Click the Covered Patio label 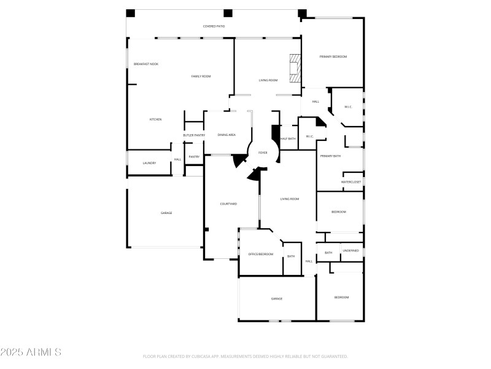tap(214, 26)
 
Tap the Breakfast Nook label tap(146, 64)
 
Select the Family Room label tap(201, 76)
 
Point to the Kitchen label tap(155, 119)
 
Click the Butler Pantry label tap(194, 135)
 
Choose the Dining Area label tap(226, 135)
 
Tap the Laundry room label tap(149, 163)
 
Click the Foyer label tap(263, 153)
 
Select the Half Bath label tap(288, 139)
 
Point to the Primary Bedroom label tap(333, 57)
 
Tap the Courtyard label tap(228, 204)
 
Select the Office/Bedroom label tap(261, 254)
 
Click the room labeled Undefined tap(351, 251)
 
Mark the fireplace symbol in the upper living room tap(296, 68)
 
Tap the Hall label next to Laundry tap(177, 160)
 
